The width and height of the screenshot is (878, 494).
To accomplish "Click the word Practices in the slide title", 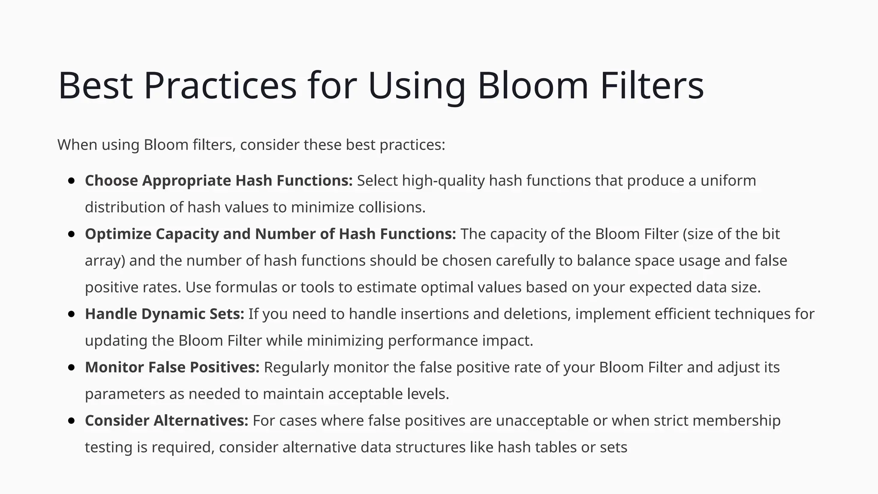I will (x=220, y=86).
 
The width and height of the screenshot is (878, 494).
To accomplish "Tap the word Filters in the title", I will (x=652, y=86).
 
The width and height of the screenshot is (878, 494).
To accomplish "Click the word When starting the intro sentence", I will (x=77, y=145).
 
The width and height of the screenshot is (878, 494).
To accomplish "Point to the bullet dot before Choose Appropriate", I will (x=72, y=181).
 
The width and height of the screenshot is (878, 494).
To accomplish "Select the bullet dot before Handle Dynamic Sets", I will (x=72, y=314).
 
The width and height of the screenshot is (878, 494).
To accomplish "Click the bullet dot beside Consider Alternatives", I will (x=72, y=421).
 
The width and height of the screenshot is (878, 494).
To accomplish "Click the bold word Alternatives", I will (x=201, y=421).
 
